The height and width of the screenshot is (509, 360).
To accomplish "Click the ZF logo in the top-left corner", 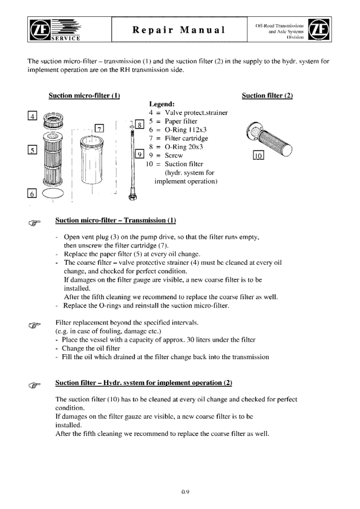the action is [40, 30].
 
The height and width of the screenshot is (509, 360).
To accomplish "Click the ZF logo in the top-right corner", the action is [319, 29].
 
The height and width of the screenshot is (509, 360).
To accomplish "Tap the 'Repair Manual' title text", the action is [178, 30].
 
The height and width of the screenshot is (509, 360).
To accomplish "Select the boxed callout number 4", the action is [32, 115].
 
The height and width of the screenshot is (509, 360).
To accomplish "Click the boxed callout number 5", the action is [32, 150].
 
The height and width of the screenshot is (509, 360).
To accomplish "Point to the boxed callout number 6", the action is [32, 193].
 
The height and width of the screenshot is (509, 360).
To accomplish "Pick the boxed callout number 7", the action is [99, 128].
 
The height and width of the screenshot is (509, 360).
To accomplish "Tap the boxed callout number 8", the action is [139, 125].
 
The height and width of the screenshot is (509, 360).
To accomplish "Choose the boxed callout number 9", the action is [139, 154].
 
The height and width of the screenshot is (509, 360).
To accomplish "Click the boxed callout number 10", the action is [258, 155].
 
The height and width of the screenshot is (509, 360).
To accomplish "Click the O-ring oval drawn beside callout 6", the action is [53, 193].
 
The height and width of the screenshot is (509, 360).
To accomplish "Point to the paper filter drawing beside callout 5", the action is [53, 159].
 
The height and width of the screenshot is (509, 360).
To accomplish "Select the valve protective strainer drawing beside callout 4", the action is [53, 121].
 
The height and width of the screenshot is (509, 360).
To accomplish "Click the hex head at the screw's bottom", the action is [133, 196].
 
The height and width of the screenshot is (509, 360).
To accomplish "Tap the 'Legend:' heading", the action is [162, 104].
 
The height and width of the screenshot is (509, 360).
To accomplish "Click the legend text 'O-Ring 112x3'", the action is [186, 130].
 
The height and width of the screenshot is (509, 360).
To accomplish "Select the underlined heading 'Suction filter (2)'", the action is [267, 96].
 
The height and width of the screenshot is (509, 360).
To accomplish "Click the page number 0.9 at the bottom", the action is [185, 492].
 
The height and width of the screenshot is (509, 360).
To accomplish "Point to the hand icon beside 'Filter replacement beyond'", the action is [34, 325].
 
